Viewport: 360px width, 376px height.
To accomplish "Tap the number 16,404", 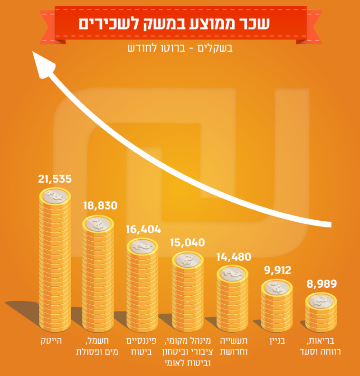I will pyautogui.click(x=143, y=230).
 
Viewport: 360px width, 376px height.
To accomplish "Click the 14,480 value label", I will pyautogui.click(x=233, y=257).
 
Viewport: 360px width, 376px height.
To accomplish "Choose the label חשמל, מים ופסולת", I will pyautogui.click(x=98, y=347).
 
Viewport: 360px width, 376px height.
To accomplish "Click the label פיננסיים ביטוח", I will pyautogui.click(x=143, y=347).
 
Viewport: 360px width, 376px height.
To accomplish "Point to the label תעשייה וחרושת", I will pyautogui.click(x=233, y=347).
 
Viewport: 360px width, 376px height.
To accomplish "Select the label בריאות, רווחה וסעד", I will pyautogui.click(x=322, y=347).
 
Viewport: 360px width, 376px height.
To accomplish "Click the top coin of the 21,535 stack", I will pyautogui.click(x=55, y=195).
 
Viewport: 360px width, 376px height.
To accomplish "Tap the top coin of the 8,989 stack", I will pyautogui.click(x=322, y=301).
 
